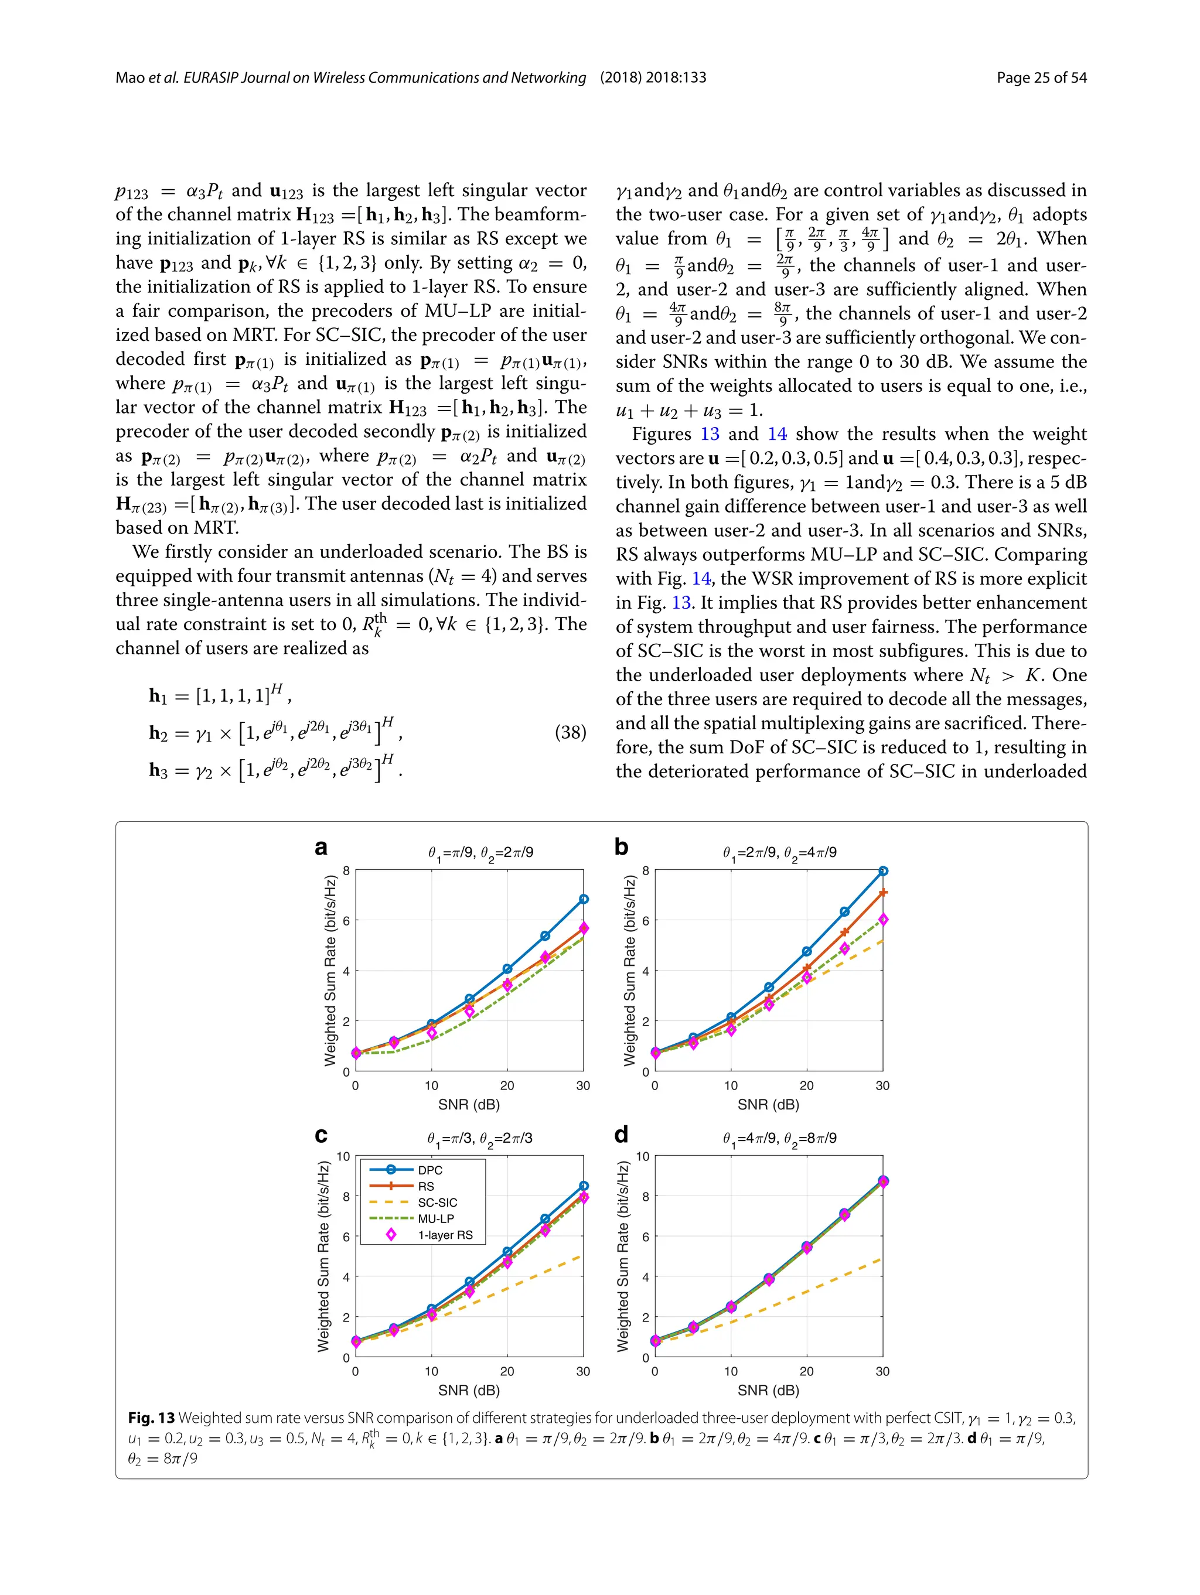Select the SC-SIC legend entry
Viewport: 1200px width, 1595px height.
coord(437,1203)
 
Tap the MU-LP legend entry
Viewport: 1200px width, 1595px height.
coord(435,1218)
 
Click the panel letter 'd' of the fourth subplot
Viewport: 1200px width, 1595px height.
coord(621,1134)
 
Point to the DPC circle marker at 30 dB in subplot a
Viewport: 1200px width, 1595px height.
coord(584,899)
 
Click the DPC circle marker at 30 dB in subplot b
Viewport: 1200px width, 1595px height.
coord(882,871)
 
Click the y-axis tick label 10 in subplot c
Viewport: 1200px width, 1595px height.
coord(343,1157)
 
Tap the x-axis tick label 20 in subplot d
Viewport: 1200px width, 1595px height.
coord(806,1371)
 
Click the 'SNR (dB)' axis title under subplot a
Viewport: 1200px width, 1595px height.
coord(469,1105)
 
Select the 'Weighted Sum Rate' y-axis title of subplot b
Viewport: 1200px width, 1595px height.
coord(629,970)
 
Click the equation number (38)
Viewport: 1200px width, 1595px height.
coord(570,733)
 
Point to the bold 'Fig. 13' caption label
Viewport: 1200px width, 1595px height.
coord(151,1418)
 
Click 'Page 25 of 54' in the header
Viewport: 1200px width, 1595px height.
coord(1041,78)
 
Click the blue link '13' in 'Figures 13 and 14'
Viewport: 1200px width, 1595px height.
coord(710,434)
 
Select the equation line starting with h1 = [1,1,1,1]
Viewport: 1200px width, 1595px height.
coord(220,696)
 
